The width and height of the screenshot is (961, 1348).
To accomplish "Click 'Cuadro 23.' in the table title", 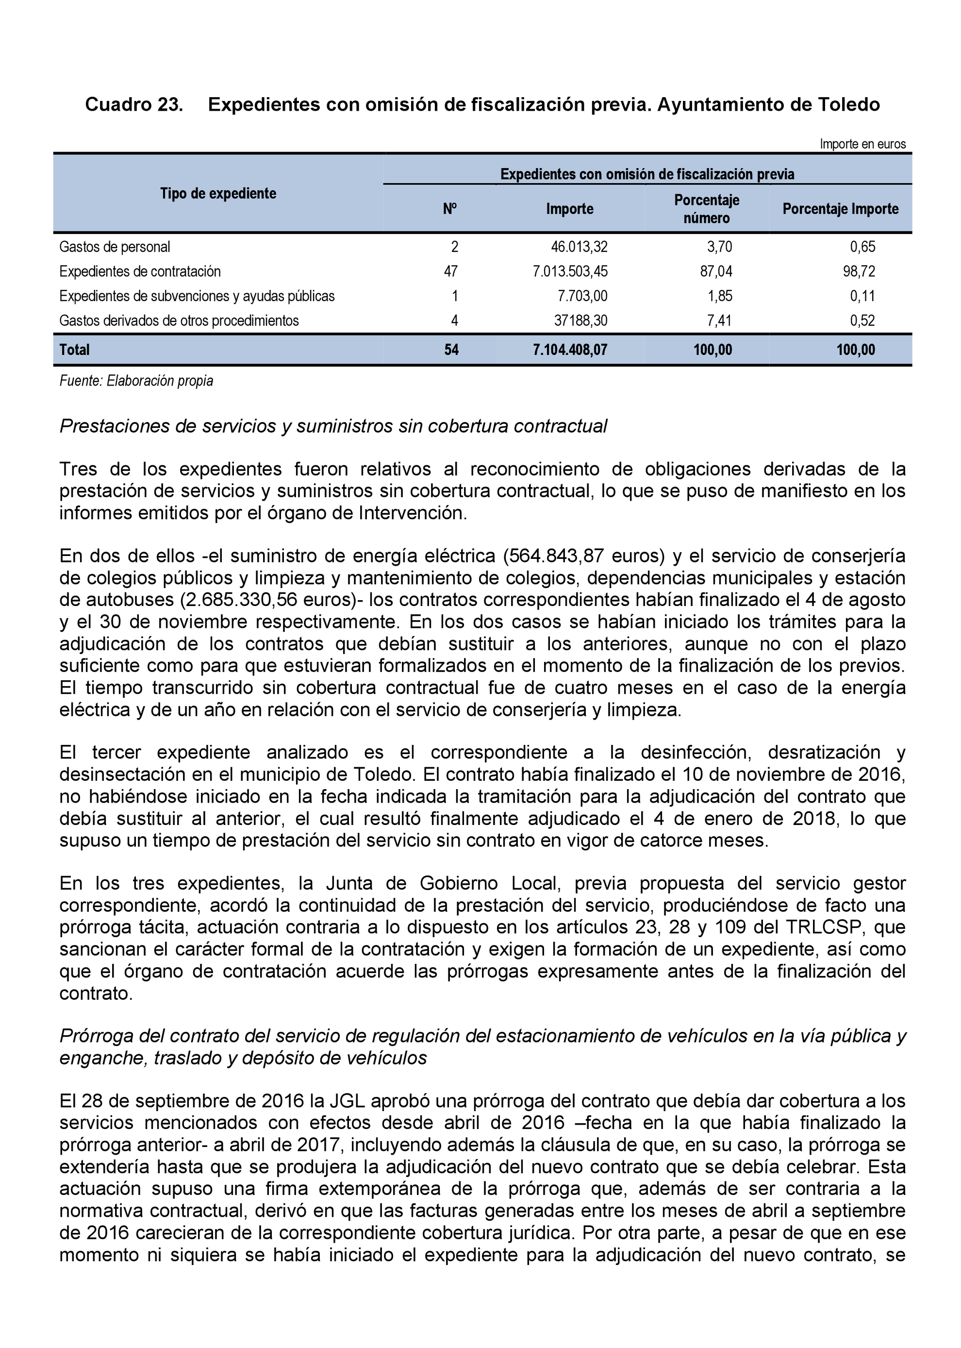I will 134,105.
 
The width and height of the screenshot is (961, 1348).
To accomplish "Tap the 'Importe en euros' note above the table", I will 862,144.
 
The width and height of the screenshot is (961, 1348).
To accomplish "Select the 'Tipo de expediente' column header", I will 218,194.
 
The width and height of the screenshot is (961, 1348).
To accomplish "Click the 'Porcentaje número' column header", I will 707,209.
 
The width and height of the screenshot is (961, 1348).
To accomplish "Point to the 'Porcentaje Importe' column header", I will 840,209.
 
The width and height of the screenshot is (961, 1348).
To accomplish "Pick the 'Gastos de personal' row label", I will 115,247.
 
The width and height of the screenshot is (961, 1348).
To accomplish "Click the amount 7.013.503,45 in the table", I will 570,272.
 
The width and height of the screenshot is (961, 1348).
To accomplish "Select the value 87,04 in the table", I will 716,272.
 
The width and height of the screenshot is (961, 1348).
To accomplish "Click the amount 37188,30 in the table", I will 580,321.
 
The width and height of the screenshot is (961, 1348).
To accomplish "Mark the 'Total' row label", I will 75,350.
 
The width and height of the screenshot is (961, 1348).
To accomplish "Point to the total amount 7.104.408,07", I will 570,350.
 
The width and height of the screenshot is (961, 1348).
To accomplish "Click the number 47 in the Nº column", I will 451,272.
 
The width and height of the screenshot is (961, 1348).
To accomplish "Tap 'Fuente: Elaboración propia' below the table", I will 136,381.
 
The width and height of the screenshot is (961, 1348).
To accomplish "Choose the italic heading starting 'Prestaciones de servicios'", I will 333,426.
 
